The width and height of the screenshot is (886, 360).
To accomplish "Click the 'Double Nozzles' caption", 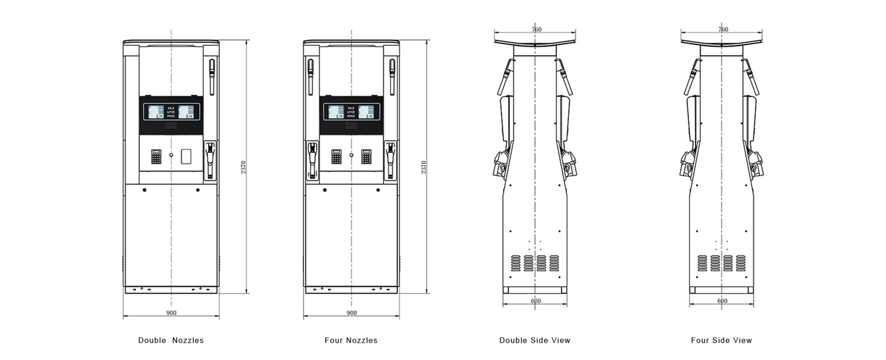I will (x=171, y=341).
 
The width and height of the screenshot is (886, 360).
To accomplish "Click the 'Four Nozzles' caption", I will (x=351, y=341).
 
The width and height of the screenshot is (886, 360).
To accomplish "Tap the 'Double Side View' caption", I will (x=534, y=341).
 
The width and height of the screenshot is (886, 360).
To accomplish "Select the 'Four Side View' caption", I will (x=721, y=341).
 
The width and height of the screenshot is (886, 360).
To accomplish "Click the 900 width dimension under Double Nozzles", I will (x=171, y=313).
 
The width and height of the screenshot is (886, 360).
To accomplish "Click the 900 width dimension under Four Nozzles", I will (x=352, y=313).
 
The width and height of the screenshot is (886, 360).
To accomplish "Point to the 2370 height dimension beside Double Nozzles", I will (x=243, y=167).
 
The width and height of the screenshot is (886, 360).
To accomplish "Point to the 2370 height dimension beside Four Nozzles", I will (x=424, y=167).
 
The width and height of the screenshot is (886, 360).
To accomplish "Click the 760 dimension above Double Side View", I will (x=536, y=29).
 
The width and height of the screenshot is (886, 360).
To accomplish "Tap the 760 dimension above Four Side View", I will (x=723, y=29).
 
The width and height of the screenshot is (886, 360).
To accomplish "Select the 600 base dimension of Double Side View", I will (x=535, y=301).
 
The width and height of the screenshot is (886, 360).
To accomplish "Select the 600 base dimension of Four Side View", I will (x=722, y=301).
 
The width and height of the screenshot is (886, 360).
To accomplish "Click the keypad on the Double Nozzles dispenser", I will (x=156, y=157).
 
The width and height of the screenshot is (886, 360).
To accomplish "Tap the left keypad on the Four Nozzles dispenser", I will (x=337, y=157).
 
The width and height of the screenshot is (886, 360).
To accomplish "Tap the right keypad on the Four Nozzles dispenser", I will (x=367, y=157).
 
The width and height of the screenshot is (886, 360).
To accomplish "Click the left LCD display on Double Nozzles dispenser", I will (x=153, y=112).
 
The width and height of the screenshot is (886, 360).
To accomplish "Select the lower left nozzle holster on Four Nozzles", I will (x=312, y=161).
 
